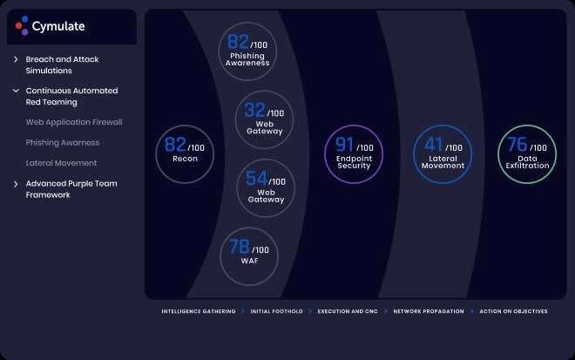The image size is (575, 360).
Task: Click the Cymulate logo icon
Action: [23, 26]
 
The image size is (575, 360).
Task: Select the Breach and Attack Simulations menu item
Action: [62, 65]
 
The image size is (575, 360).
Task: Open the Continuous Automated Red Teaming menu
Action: [71, 96]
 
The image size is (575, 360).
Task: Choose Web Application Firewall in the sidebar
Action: [74, 122]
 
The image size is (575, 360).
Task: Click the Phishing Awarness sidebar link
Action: [63, 142]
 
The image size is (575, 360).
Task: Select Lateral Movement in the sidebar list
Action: [61, 163]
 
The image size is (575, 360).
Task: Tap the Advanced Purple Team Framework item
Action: [71, 189]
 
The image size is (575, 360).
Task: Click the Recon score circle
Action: [185, 153]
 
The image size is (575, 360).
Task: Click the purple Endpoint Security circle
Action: [354, 154]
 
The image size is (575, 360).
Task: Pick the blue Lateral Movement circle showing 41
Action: [443, 154]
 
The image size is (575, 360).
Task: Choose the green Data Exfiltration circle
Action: [527, 154]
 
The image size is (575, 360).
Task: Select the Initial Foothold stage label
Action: [275, 311]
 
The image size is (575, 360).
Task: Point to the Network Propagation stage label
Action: [429, 311]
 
